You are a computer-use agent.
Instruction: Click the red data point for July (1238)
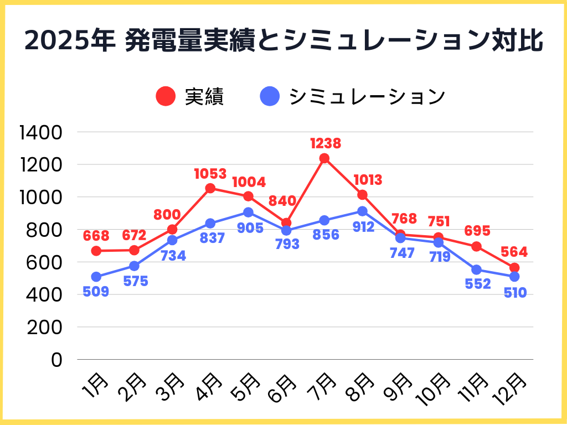coord(324,158)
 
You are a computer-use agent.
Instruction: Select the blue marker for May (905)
coord(248,212)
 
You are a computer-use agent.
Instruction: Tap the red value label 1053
coord(210,174)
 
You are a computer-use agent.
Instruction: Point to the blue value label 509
coord(96,292)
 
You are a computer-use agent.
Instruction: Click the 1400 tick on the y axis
coord(42,132)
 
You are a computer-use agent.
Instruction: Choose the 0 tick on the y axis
coord(58,360)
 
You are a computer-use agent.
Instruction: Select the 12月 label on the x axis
coord(509,387)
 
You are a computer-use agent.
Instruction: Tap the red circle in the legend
coord(166,97)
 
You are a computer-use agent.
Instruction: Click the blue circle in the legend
coord(270,97)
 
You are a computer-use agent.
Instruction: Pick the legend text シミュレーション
coord(368,97)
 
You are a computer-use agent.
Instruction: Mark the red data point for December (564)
coord(514,268)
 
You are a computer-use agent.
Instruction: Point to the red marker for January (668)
coord(96,251)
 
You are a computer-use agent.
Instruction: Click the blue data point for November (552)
coord(476,270)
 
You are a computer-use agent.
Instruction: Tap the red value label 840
coord(282,201)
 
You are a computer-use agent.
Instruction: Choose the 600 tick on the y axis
coord(42,262)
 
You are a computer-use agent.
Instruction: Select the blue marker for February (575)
coord(134,266)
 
